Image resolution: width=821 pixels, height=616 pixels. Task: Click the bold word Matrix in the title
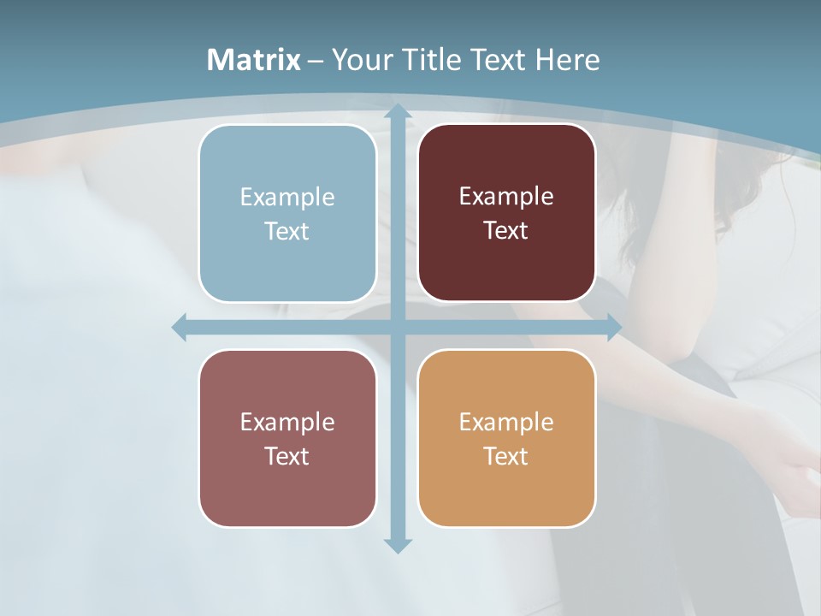point(254,60)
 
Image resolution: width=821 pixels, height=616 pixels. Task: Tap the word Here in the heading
point(567,60)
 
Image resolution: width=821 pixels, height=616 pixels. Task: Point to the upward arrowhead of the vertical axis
point(398,111)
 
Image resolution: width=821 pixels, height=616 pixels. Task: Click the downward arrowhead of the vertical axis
point(398,545)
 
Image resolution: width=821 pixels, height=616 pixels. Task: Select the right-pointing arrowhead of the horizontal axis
point(613,328)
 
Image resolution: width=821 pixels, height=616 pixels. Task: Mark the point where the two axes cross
point(398,328)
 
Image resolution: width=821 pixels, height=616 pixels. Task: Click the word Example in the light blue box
point(287,198)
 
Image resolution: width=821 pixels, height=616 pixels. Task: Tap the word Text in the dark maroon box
point(506,231)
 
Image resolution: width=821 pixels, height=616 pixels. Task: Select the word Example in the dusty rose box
point(287,423)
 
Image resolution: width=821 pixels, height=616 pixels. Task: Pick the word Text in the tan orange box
point(506,456)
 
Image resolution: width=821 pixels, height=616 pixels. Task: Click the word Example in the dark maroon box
point(506,197)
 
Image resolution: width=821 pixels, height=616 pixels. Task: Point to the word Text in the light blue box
point(287,232)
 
